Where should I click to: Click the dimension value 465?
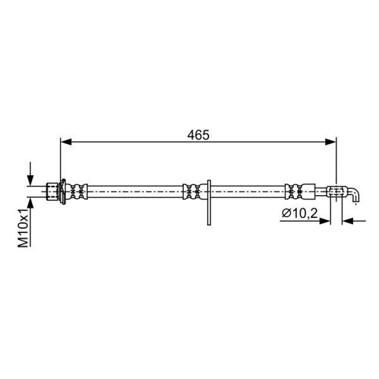coord(198,135)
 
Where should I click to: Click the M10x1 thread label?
coord(23,229)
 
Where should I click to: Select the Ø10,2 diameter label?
coord(299,213)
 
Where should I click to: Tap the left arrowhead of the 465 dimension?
coord(66,142)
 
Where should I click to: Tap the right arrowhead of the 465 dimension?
coord(330,142)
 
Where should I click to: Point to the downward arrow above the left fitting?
coord(30,174)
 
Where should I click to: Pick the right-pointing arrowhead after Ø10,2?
coord(325,221)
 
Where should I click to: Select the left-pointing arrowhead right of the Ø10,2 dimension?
coord(348,221)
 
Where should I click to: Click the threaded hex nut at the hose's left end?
coord(52,191)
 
